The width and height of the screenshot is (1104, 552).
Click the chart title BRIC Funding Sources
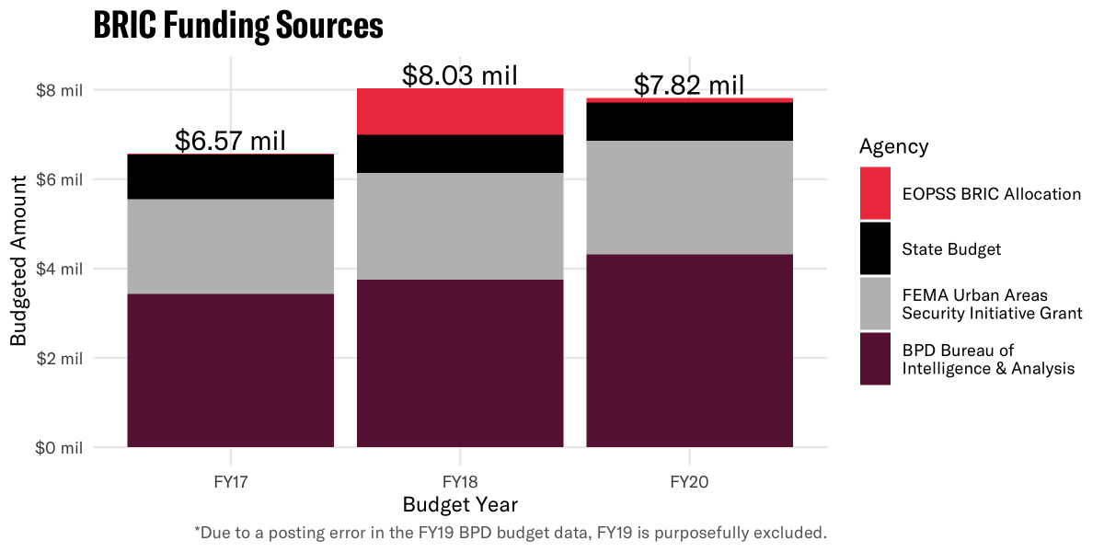[238, 27]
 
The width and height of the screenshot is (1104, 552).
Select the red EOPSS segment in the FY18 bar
[460, 111]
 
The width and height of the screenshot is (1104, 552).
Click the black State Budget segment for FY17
[230, 176]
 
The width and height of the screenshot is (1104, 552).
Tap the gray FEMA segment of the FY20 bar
[689, 197]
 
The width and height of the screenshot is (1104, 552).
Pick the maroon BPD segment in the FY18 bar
[460, 363]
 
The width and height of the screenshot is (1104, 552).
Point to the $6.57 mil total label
[230, 141]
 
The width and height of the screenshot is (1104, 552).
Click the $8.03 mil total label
[460, 75]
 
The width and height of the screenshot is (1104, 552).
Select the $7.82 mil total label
[689, 86]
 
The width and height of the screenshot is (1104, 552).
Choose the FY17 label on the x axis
[230, 481]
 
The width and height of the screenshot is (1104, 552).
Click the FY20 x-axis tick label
[689, 481]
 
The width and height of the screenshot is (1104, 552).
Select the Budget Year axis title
[460, 505]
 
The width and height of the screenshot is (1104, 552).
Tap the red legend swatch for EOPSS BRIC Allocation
[875, 193]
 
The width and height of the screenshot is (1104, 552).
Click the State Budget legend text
[951, 249]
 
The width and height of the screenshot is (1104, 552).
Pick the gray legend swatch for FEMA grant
[875, 304]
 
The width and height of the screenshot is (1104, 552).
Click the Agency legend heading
[893, 146]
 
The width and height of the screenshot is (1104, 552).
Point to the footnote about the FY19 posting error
[511, 533]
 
